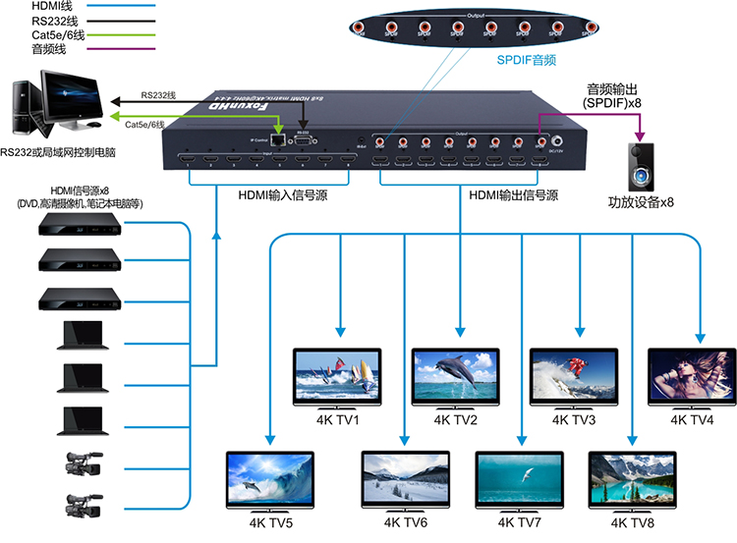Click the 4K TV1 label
(x=338, y=420)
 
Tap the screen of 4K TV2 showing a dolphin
(x=455, y=375)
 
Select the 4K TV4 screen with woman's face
(x=690, y=375)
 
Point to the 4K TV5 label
(x=269, y=522)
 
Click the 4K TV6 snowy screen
(x=404, y=478)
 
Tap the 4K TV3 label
(x=574, y=420)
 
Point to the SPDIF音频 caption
(x=529, y=59)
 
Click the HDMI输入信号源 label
(x=282, y=194)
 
